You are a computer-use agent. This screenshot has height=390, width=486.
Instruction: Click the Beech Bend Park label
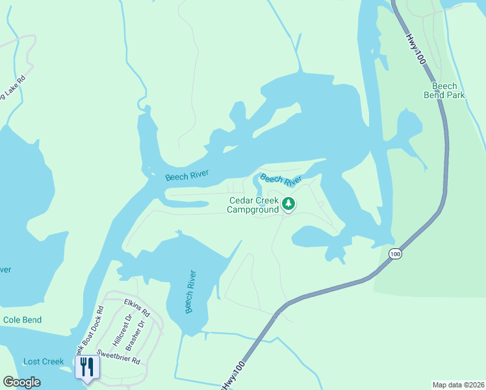click(x=444, y=90)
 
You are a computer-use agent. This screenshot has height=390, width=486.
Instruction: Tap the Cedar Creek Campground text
click(x=253, y=205)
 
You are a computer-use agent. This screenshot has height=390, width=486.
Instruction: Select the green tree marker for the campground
click(x=289, y=205)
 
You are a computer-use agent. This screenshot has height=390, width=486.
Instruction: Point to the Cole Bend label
click(x=22, y=320)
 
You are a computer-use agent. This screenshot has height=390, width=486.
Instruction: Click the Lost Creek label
click(x=44, y=361)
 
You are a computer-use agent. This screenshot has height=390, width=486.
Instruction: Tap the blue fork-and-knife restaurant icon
click(x=86, y=368)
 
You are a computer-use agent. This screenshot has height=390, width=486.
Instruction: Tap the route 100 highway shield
click(x=395, y=253)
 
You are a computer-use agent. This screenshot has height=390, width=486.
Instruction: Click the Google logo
click(x=22, y=382)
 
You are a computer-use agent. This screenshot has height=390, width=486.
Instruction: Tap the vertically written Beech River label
click(x=190, y=292)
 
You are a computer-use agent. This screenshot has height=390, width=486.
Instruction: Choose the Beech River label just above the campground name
click(x=281, y=179)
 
